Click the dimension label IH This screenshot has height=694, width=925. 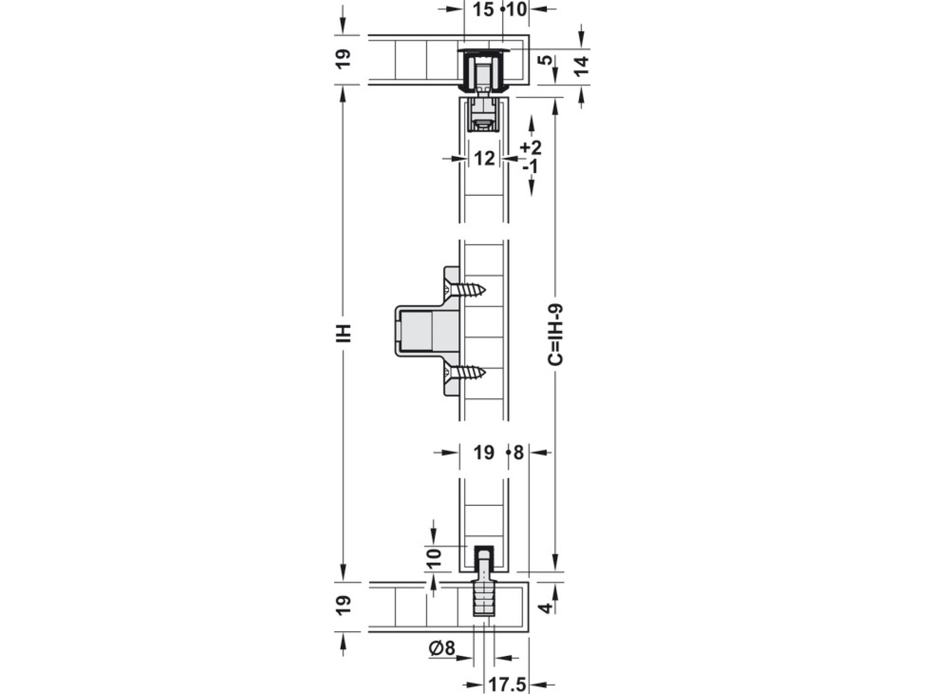point(345,333)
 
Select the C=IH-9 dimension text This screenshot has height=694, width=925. point(556,335)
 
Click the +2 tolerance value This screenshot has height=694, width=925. point(531,148)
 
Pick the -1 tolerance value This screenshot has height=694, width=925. point(530,167)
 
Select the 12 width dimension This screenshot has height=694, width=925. point(484,158)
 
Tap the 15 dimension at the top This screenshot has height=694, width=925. point(483,9)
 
